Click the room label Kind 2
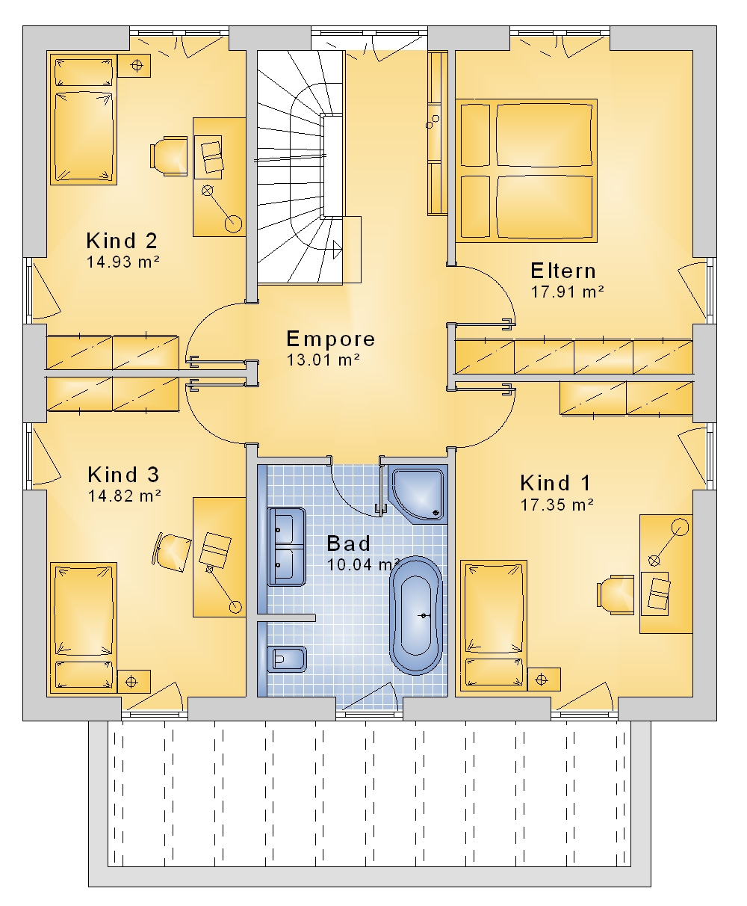pyautogui.click(x=122, y=241)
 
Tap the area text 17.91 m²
pyautogui.click(x=567, y=292)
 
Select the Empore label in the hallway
pyautogui.click(x=330, y=339)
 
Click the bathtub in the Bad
pyautogui.click(x=416, y=615)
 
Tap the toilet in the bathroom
pyautogui.click(x=286, y=660)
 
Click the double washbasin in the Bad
pyautogui.click(x=286, y=546)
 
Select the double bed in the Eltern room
pyautogui.click(x=527, y=170)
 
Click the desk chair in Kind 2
pyautogui.click(x=169, y=155)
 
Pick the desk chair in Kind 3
pyautogui.click(x=171, y=552)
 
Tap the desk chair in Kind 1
pyautogui.click(x=616, y=595)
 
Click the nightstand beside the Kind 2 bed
pyautogui.click(x=134, y=66)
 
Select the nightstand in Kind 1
pyautogui.click(x=544, y=679)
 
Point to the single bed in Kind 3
pyautogui.click(x=84, y=628)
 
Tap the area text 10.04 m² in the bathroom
pyautogui.click(x=362, y=565)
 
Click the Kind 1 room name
pyautogui.click(x=555, y=483)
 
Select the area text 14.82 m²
pyautogui.click(x=125, y=496)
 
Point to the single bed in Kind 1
pyautogui.click(x=494, y=625)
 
